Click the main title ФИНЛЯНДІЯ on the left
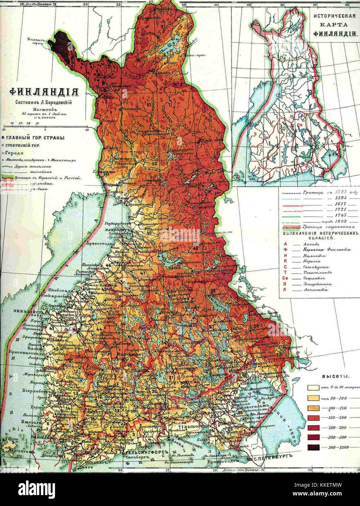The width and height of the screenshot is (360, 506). [43, 91]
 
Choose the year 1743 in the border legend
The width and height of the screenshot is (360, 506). [328, 215]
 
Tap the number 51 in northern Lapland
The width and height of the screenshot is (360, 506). [149, 105]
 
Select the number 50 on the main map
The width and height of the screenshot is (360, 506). [154, 163]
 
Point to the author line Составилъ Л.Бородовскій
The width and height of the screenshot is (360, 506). [44, 102]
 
